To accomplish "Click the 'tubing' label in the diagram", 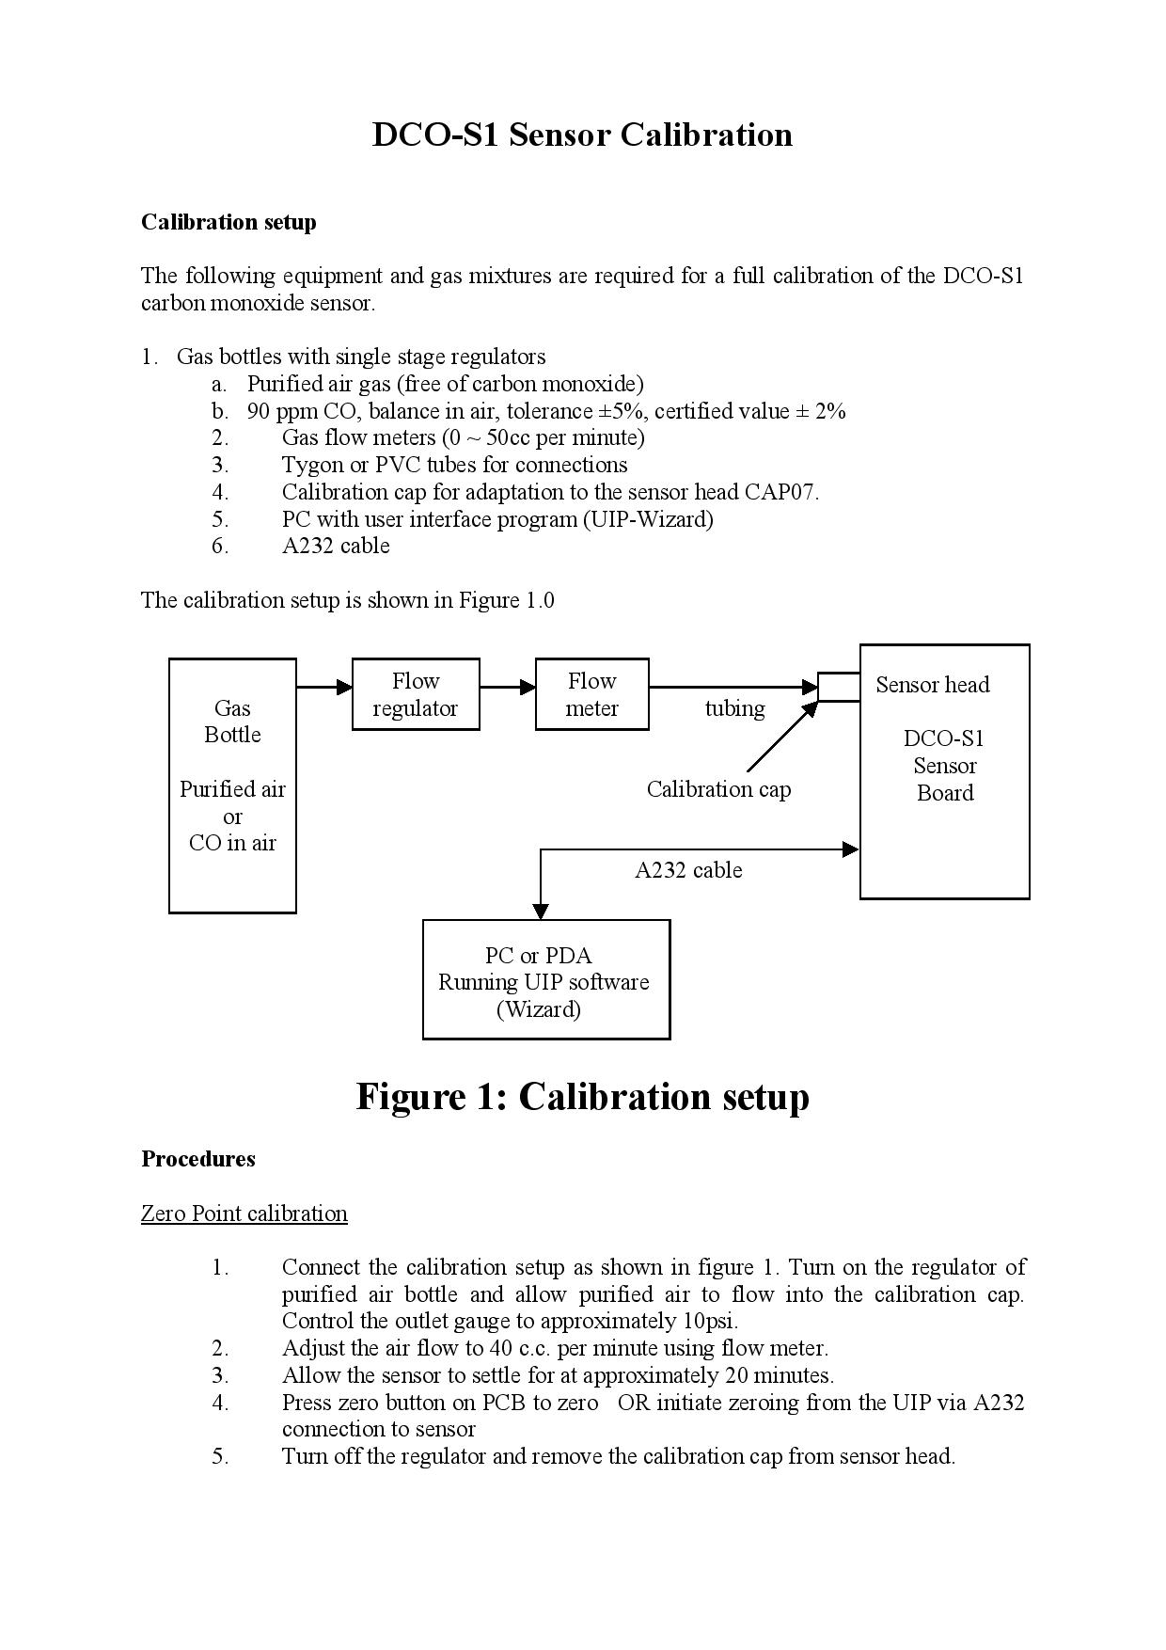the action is coord(735,708).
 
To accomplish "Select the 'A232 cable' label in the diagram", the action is coord(688,870).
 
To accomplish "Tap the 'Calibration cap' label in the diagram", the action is coord(718,789).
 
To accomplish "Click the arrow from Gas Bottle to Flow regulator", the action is coord(324,688).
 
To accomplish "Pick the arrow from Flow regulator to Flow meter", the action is coord(508,688).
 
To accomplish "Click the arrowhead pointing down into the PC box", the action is coord(541,912).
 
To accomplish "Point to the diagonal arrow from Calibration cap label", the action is coord(782,737).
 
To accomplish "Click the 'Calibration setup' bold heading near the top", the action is coord(228,222).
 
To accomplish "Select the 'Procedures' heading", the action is coord(198,1159).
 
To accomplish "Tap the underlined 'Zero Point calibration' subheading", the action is coord(244,1214).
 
